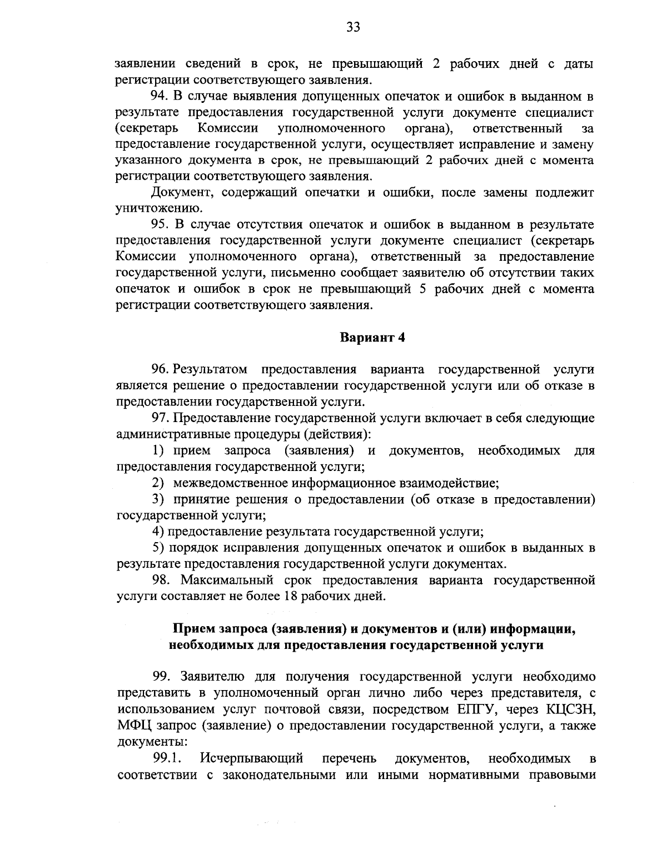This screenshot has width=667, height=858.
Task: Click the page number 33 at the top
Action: pos(354,27)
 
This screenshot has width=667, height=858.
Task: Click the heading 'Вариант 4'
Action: pos(372,338)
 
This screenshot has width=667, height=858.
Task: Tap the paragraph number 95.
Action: pos(160,225)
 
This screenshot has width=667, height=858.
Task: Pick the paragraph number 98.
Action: pos(161,581)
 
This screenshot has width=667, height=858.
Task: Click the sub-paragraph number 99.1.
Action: pos(168,758)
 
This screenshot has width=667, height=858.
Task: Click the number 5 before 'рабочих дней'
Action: pos(423,289)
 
